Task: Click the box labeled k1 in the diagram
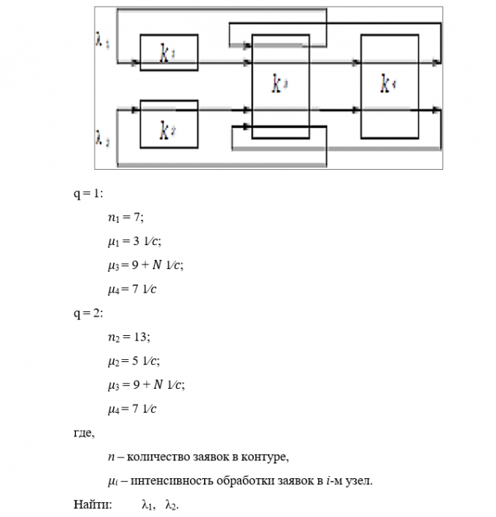[168, 52]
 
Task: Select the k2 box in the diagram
[168, 124]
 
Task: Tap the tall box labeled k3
[280, 86]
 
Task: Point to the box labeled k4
[388, 86]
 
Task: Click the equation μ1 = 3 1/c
[134, 241]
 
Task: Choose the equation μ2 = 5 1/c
[134, 361]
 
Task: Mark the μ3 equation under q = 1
[145, 264]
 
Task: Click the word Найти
[92, 504]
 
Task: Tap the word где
[83, 432]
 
